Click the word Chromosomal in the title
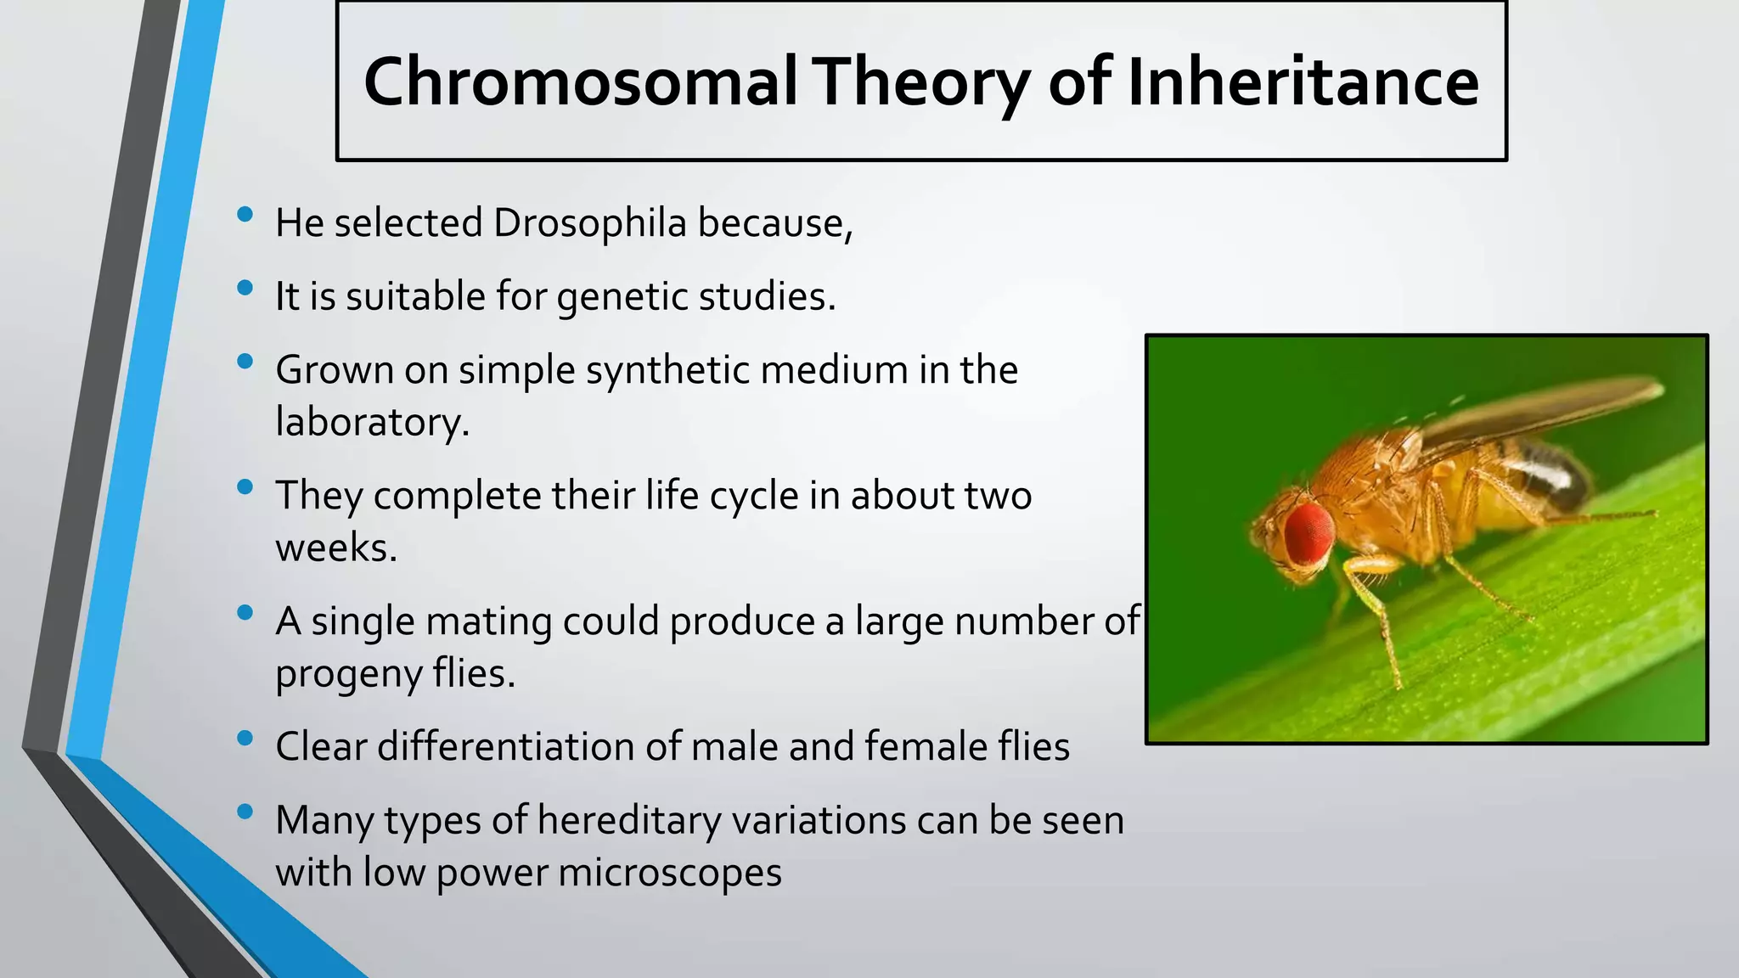(580, 82)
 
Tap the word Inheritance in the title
(1303, 82)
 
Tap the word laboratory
(371, 422)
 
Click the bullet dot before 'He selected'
(245, 214)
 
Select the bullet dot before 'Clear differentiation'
(245, 738)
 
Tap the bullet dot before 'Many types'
(245, 812)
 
